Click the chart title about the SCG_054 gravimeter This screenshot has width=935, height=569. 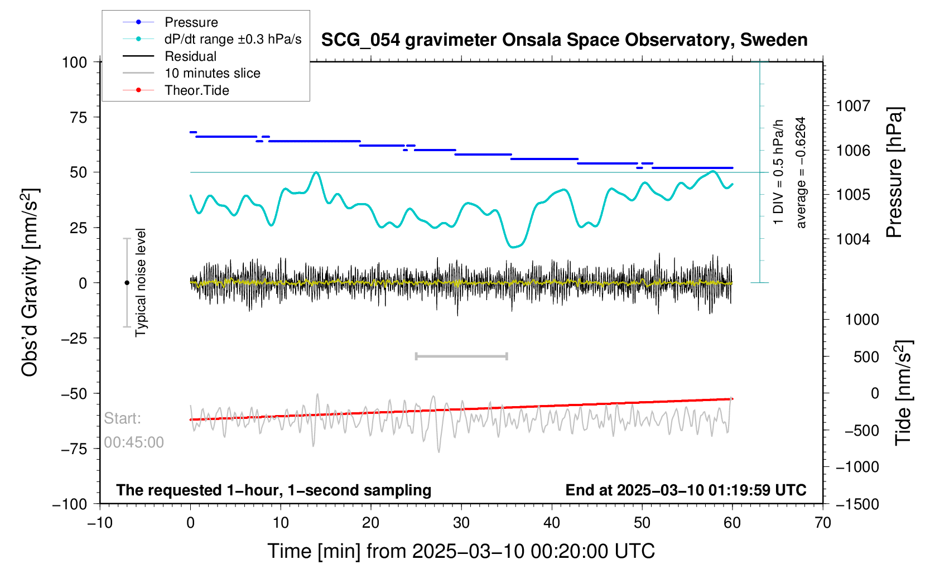pyautogui.click(x=564, y=40)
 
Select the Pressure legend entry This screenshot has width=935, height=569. pyautogui.click(x=191, y=22)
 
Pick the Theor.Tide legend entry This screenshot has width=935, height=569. pyautogui.click(x=196, y=90)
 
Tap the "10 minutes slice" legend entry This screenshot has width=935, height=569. pyautogui.click(x=212, y=73)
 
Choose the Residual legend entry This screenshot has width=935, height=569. pyautogui.click(x=190, y=56)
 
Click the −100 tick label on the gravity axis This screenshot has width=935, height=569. pyautogui.click(x=70, y=504)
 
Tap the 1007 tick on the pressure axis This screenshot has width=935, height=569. pyautogui.click(x=853, y=105)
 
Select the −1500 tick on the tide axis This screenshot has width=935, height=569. pyautogui.click(x=857, y=504)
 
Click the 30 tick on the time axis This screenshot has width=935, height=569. pyautogui.click(x=461, y=523)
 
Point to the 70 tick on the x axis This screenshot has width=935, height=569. pyautogui.click(x=823, y=523)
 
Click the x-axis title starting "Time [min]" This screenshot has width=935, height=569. pyautogui.click(x=461, y=551)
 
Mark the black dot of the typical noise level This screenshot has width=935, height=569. pyautogui.click(x=127, y=283)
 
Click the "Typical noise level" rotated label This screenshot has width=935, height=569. pyautogui.click(x=141, y=282)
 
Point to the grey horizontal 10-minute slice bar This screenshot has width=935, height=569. pyautogui.click(x=461, y=356)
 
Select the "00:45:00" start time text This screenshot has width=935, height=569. pyautogui.click(x=134, y=442)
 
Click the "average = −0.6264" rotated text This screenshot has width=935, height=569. pyautogui.click(x=801, y=172)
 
